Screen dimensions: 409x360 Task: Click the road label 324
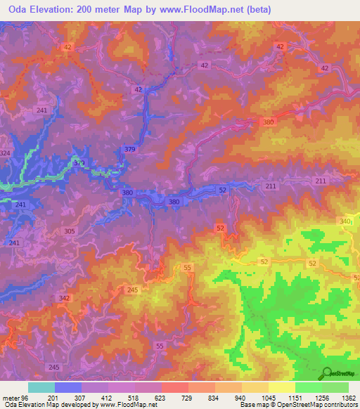coord(6,153)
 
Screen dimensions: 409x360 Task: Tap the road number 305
coord(70,231)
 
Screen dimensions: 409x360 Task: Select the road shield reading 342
coord(65,299)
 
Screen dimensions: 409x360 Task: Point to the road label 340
coord(345,221)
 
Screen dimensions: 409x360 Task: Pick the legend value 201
coord(53,398)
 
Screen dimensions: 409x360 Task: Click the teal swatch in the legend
coord(41,387)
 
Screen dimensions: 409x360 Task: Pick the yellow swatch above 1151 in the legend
coord(282,387)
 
